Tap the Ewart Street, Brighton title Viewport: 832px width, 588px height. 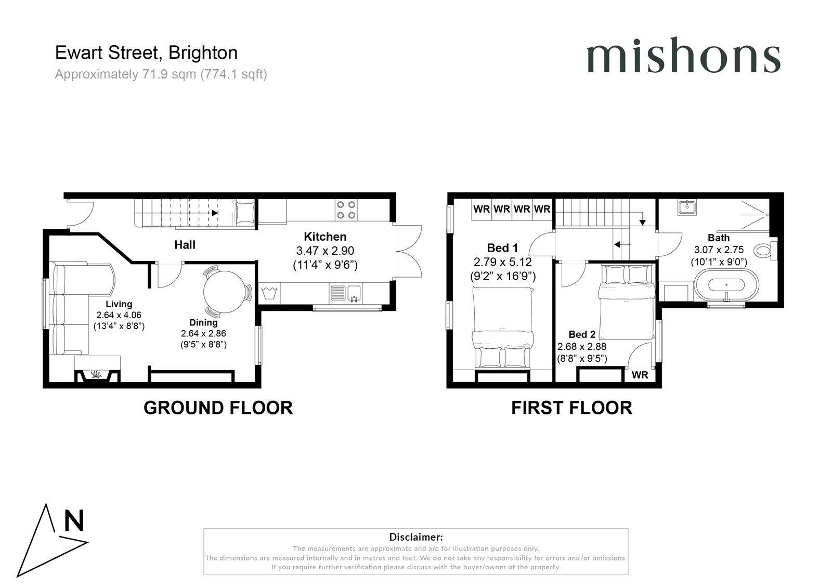point(147,53)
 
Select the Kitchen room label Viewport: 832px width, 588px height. point(325,237)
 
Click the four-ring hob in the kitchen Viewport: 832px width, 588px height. point(346,210)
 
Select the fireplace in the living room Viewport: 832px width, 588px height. point(97,374)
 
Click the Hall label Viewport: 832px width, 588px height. point(185,244)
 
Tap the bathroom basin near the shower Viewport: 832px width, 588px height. point(687,207)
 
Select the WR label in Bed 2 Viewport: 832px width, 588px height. point(640,375)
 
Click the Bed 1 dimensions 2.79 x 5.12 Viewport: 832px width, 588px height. point(503,262)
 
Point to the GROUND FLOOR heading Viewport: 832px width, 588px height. point(218,408)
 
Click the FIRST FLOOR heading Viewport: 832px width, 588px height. point(571,408)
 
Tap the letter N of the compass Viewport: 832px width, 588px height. point(74,521)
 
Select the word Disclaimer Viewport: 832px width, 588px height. point(415,537)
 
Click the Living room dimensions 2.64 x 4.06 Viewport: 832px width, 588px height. point(119,315)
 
